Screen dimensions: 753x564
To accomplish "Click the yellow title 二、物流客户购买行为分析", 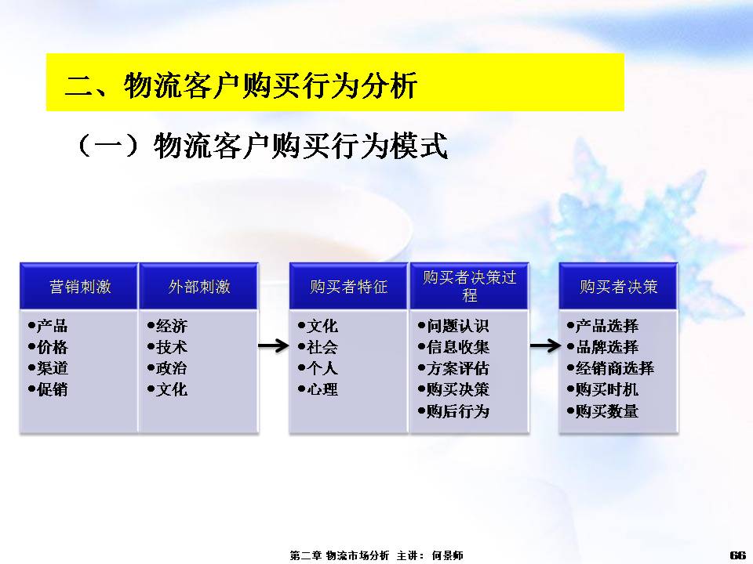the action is click(241, 86).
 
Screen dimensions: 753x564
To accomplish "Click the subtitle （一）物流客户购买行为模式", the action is click(262, 146).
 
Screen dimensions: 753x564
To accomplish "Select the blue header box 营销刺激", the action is click(79, 287).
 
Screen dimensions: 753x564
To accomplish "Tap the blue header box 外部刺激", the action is click(198, 287).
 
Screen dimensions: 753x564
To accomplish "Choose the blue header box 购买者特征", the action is click(348, 287).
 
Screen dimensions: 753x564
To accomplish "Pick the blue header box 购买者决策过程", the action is click(469, 287).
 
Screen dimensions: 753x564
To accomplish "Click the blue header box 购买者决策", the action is click(619, 287).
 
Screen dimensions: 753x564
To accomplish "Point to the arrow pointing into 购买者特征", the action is click(274, 345).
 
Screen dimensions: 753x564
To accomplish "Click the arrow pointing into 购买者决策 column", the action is click(545, 345).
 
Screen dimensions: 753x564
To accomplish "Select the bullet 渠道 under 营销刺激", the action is click(48, 368).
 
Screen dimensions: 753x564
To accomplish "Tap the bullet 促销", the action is click(48, 389).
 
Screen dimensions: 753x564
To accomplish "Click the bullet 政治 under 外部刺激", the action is click(167, 368).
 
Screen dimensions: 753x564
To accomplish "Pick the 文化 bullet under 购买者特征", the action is click(318, 326).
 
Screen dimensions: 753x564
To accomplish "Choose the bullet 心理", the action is click(318, 389).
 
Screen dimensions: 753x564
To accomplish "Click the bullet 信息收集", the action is click(453, 347).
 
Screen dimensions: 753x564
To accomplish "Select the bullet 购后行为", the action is click(453, 410).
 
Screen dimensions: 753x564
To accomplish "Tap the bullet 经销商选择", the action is click(610, 368).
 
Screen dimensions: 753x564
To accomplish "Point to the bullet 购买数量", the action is click(602, 410).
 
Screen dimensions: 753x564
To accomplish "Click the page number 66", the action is click(737, 555).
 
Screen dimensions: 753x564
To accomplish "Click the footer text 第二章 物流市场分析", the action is click(340, 555).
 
